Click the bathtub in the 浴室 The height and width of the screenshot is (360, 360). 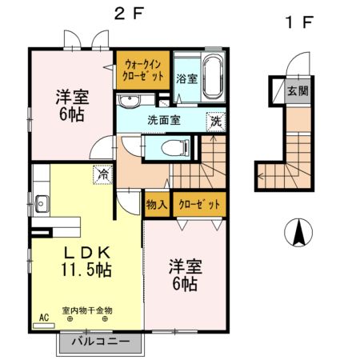[x=213, y=77]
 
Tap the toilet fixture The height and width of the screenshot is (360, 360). [x=175, y=148]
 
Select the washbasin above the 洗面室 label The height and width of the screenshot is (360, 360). [x=130, y=101]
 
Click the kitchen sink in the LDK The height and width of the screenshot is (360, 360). [x=41, y=204]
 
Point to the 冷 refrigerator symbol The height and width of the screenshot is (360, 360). [x=102, y=174]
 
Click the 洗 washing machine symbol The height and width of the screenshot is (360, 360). [x=216, y=122]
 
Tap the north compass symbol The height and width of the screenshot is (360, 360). [x=298, y=232]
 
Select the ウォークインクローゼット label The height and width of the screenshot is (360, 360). [x=143, y=70]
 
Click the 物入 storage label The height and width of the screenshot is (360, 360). [x=157, y=205]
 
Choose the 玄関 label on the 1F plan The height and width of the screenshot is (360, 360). [x=298, y=91]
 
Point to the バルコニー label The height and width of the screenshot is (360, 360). [x=101, y=342]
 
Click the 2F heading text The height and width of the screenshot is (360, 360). [x=129, y=14]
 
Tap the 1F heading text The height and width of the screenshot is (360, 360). [x=298, y=22]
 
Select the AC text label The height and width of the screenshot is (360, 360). [x=44, y=318]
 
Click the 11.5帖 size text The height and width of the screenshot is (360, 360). [x=86, y=270]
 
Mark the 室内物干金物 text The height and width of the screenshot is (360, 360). [x=87, y=310]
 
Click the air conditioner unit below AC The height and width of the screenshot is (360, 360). [x=44, y=326]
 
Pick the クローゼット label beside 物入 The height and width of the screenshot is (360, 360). [x=199, y=205]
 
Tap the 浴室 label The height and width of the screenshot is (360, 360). [x=187, y=78]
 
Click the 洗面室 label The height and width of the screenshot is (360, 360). [x=164, y=120]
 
